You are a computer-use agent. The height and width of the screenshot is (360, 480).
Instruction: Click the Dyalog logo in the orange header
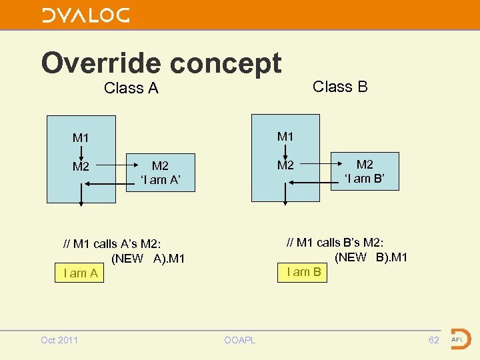[86, 15]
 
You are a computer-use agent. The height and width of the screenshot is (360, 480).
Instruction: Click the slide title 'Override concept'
[161, 63]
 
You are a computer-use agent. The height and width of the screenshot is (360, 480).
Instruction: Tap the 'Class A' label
[131, 88]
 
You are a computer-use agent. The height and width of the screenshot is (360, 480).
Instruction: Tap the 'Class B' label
[340, 87]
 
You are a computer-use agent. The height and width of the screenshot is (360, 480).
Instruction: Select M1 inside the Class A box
[81, 138]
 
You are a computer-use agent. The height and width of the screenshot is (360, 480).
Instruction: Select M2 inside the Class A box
[81, 167]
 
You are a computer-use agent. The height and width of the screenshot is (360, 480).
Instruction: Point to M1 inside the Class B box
[285, 137]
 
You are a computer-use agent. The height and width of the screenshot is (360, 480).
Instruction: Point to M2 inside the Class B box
[285, 165]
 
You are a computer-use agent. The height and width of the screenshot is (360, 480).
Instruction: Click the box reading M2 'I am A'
[161, 173]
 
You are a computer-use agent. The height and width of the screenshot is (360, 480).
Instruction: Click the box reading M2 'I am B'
[365, 171]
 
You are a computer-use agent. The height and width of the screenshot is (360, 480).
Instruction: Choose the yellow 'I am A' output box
[80, 273]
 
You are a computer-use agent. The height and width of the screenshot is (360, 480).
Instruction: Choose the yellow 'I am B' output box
[303, 271]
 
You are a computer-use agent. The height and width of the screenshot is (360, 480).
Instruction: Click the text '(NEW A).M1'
[148, 259]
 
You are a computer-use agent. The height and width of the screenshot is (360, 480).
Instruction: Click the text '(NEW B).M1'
[371, 257]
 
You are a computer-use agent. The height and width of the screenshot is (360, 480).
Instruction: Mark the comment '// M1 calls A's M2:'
[112, 244]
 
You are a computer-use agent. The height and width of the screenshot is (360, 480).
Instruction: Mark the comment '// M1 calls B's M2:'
[335, 243]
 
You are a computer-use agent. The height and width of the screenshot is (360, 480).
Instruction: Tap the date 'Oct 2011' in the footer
[59, 340]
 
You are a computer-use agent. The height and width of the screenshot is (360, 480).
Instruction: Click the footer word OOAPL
[239, 341]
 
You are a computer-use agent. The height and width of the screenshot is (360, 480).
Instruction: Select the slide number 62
[434, 340]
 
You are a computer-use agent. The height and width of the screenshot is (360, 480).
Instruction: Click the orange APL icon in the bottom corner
[459, 339]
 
